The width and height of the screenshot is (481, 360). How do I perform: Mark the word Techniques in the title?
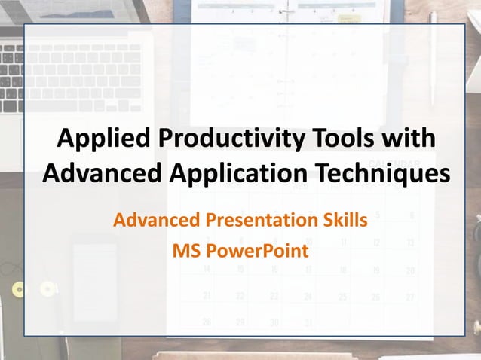point(378,172)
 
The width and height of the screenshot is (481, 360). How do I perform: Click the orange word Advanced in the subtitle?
point(155,221)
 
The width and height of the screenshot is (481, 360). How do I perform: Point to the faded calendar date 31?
point(307,323)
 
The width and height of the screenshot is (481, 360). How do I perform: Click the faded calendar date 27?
point(410,297)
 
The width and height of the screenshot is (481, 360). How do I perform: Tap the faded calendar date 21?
point(207,297)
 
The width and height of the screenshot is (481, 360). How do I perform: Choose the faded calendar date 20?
point(410,270)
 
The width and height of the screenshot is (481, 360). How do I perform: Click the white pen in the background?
point(433,60)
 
